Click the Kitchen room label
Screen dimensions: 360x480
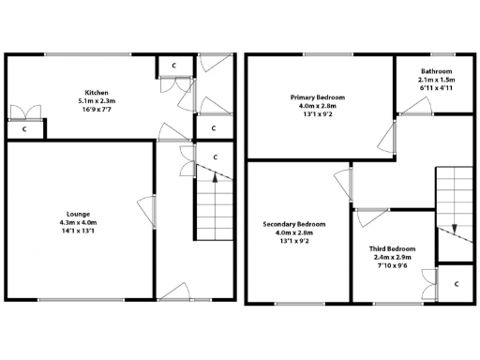97,92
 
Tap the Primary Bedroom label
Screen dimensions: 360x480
317,97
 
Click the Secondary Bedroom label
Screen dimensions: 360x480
293,224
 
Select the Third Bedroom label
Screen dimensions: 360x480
392,248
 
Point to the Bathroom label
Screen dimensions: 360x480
437,72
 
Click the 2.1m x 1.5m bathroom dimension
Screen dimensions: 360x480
437,81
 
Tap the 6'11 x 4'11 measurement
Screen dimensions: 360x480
437,89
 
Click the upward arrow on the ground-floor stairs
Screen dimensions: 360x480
215,175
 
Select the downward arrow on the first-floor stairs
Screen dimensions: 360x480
454,230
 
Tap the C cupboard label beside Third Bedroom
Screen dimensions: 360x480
455,282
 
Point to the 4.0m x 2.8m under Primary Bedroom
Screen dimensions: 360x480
317,105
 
